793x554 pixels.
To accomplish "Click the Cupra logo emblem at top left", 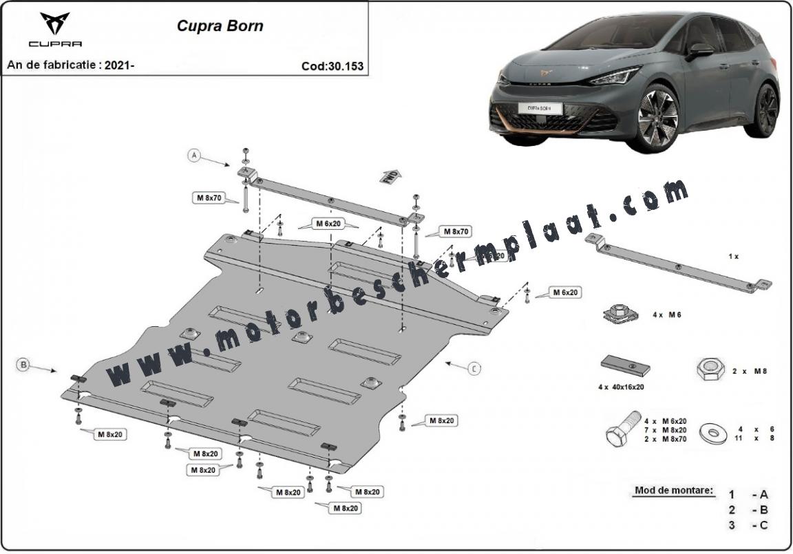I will [54, 24].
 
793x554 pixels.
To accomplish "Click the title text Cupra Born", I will [220, 27].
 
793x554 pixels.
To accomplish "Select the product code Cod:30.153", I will [332, 66].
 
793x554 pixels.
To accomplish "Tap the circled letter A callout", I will [195, 156].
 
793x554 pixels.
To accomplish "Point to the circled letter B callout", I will [23, 365].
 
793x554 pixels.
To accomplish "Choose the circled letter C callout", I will [474, 369].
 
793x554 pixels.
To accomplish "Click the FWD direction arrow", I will [389, 175].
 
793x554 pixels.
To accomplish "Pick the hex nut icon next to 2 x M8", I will [708, 370].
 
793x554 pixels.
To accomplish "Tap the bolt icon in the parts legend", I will [620, 431].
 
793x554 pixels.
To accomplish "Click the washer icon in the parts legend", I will [713, 434].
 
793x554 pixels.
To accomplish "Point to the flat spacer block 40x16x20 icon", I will [625, 365].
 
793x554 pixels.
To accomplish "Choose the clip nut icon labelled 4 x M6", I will [620, 314].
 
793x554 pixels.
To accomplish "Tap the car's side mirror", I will [701, 50].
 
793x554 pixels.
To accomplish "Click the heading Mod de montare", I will [674, 491].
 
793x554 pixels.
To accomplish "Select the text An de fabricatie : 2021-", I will [70, 65].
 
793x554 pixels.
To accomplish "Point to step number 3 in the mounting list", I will [732, 526].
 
